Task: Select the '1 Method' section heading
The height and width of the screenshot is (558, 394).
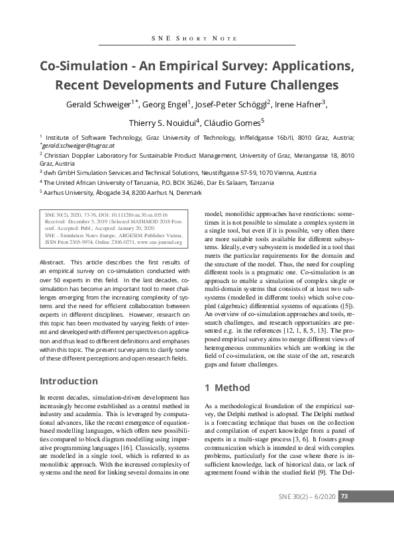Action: click(228, 387)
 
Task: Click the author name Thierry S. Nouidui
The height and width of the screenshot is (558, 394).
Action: click(163, 123)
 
